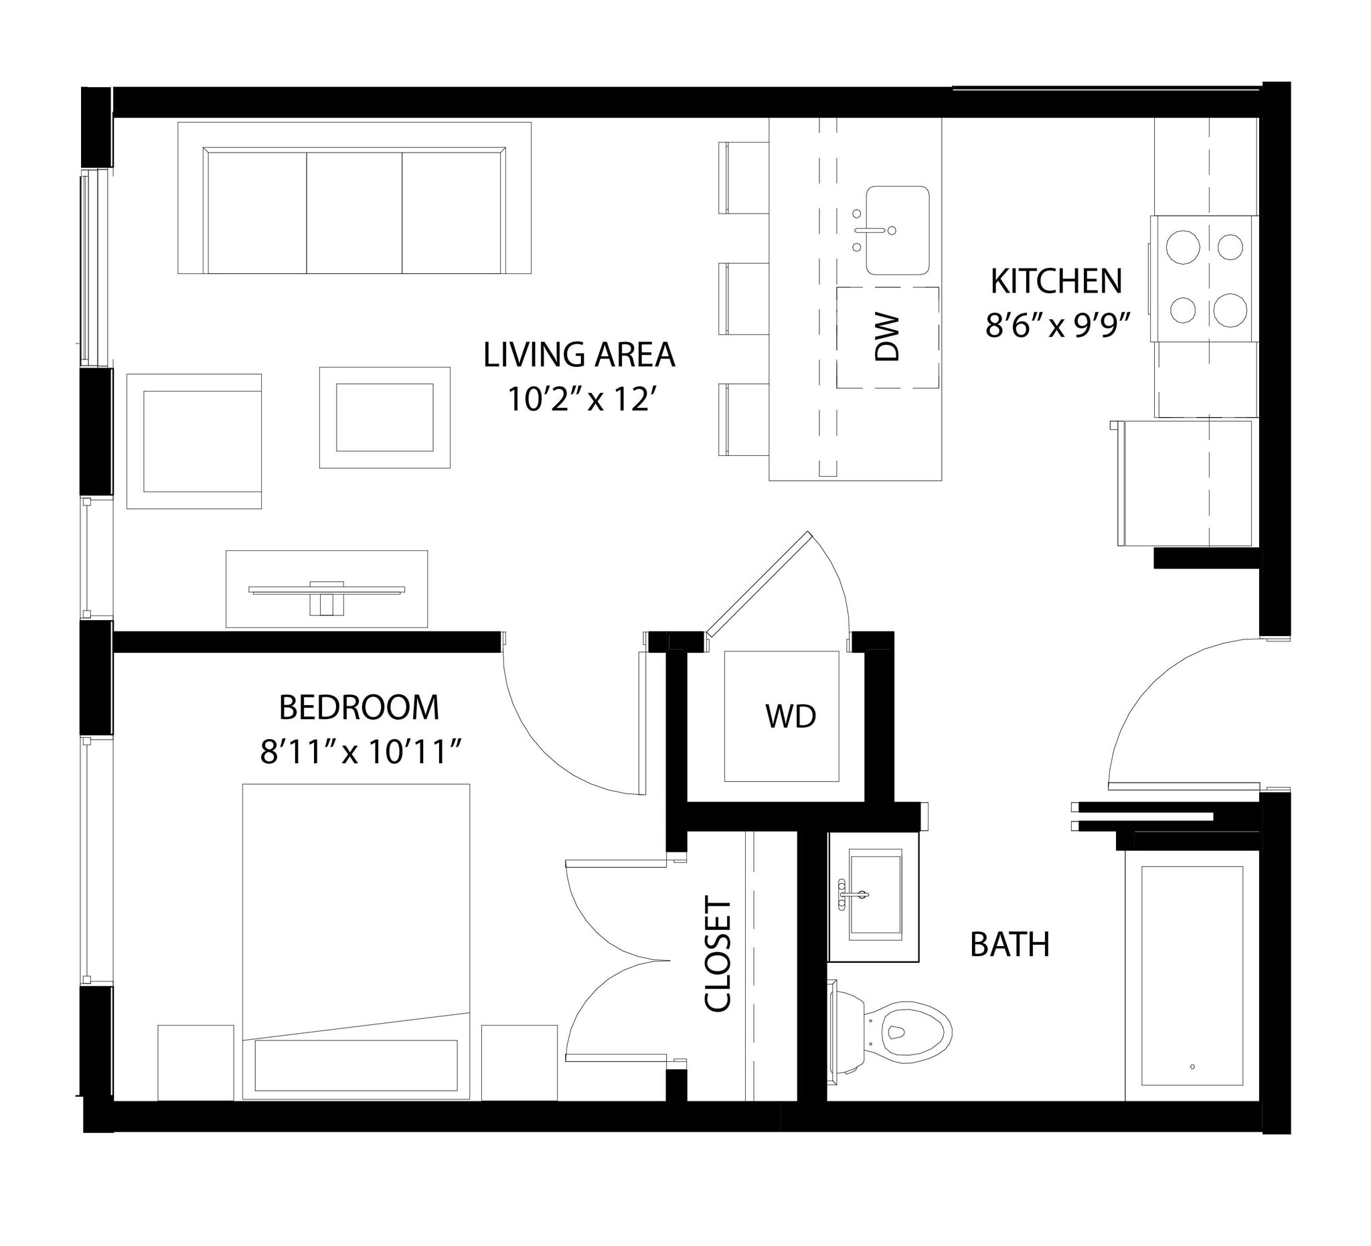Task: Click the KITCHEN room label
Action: [x=1056, y=282]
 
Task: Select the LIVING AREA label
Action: [x=579, y=355]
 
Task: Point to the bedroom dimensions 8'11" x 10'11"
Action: [x=361, y=753]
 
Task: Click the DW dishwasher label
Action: [x=887, y=337]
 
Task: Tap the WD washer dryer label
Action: [x=790, y=716]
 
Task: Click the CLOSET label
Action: [x=718, y=954]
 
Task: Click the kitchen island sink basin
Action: [x=897, y=230]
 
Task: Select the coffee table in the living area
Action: [x=384, y=417]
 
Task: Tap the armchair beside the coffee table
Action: [x=195, y=441]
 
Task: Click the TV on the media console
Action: [x=327, y=591]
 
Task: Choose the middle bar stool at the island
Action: [x=744, y=299]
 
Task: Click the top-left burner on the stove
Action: [x=1182, y=246]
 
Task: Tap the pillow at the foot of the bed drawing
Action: [x=355, y=1065]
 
